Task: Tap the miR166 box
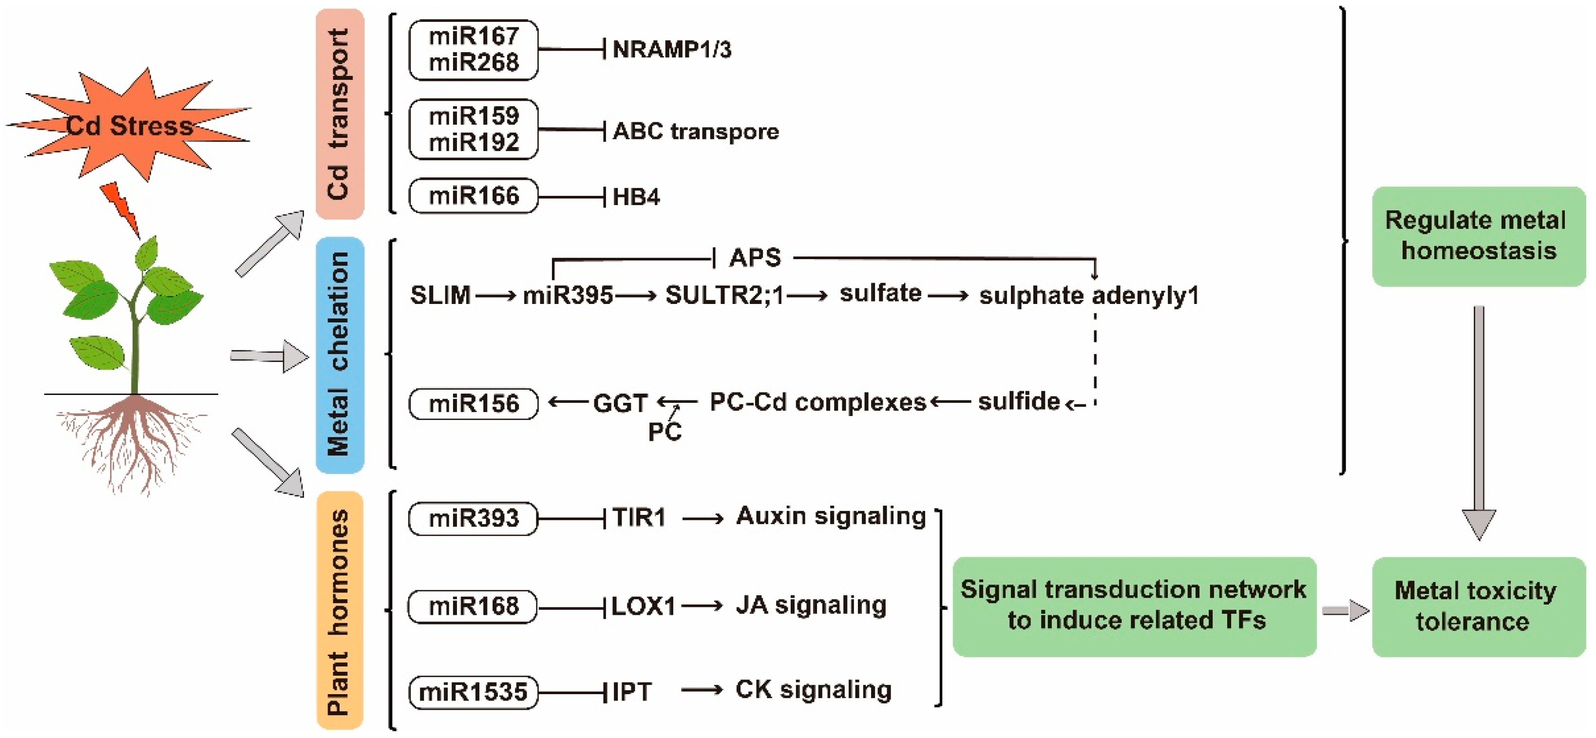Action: point(474,196)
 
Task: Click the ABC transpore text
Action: point(695,132)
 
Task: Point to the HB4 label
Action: point(636,197)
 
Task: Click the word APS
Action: point(755,257)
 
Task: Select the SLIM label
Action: point(440,295)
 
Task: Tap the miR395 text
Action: point(568,295)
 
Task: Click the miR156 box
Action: point(474,404)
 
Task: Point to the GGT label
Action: point(620,403)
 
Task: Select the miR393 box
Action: point(474,518)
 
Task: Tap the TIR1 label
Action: point(638,517)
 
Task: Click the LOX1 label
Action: point(643,606)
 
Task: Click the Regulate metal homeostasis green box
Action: point(1478,236)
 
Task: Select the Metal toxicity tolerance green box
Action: point(1478,606)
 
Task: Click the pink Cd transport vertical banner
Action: point(340,114)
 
